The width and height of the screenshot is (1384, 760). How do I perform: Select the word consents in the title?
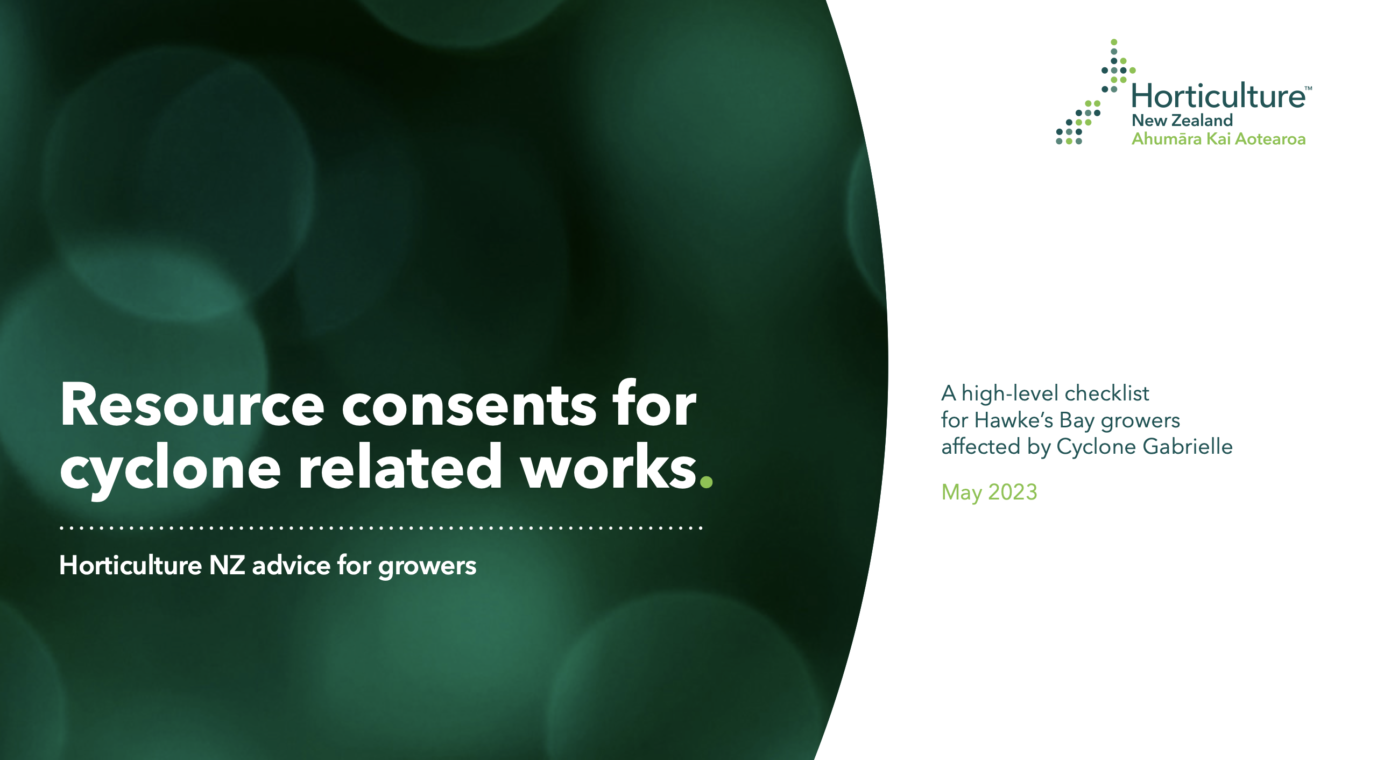469,407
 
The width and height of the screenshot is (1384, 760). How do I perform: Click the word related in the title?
401,466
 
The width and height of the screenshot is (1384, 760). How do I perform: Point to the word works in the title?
609,466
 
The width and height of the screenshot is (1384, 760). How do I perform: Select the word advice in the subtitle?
291,565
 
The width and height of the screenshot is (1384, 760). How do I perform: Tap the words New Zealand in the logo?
1182,120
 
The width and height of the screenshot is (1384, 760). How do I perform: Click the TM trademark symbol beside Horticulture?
1309,88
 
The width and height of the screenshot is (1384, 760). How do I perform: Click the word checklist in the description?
1107,393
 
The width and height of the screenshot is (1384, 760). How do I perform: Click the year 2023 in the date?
1013,492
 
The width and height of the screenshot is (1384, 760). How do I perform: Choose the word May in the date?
962,493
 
